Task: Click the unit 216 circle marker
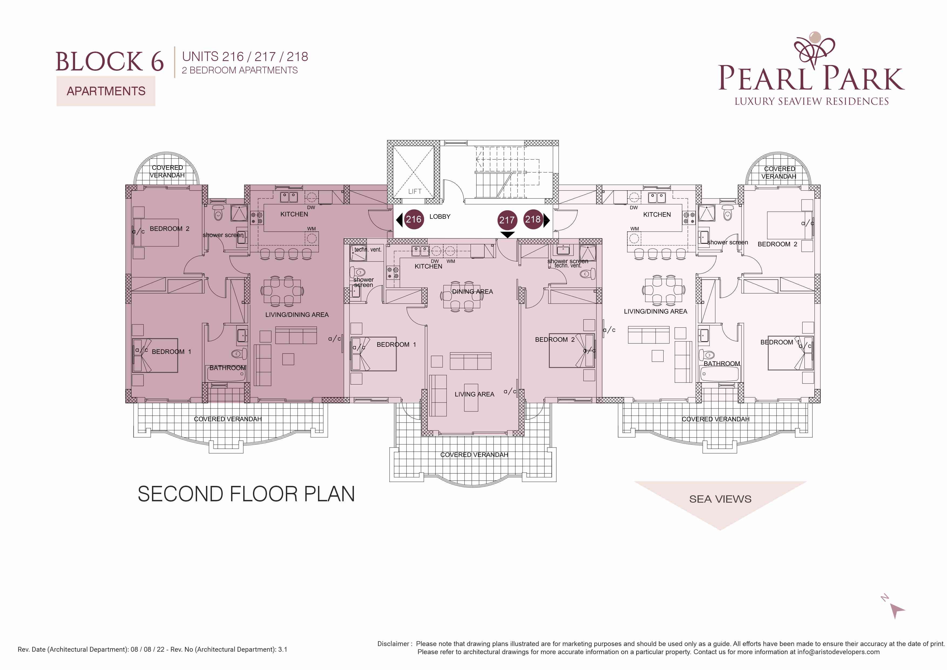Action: click(413, 219)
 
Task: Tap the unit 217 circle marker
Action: click(507, 220)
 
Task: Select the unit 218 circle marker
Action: click(533, 219)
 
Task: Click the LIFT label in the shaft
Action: click(415, 191)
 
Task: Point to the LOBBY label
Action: click(440, 216)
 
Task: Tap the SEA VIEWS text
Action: click(720, 499)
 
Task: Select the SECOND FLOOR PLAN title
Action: click(246, 494)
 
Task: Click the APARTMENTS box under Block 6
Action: click(106, 91)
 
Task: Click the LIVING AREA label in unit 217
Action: click(474, 394)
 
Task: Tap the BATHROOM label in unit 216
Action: click(227, 368)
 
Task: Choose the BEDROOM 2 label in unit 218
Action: click(777, 244)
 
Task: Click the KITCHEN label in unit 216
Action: click(294, 214)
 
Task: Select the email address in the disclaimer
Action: click(838, 652)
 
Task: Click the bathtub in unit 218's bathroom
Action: click(719, 374)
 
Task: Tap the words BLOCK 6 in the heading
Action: click(110, 62)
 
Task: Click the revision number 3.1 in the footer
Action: click(283, 649)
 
